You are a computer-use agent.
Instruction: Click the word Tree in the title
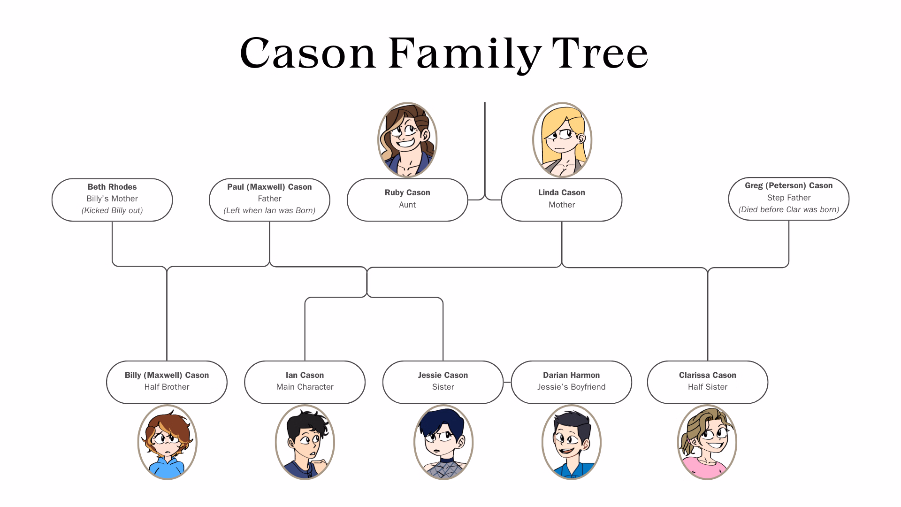(600, 53)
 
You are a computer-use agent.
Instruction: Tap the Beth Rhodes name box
(112, 200)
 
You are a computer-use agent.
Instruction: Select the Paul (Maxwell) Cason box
(269, 200)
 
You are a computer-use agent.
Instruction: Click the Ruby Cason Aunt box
(407, 200)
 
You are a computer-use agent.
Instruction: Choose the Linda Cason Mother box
(562, 200)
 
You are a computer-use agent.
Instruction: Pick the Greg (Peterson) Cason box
(789, 199)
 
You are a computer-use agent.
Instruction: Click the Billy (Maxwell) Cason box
(167, 382)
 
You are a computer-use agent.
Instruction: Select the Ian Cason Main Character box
(305, 382)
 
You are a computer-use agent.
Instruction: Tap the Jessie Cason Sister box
(443, 382)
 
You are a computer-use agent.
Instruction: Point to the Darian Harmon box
(572, 382)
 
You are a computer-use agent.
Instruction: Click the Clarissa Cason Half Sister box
(708, 382)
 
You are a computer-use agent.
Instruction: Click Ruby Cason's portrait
(407, 140)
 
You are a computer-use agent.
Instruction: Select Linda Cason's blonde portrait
(562, 140)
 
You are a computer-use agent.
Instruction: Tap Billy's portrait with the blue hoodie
(167, 442)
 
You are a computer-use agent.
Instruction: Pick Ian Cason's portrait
(305, 442)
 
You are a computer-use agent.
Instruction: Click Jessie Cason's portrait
(443, 442)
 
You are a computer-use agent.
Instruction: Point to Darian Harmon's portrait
(572, 442)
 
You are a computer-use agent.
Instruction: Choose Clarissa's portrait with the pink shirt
(707, 442)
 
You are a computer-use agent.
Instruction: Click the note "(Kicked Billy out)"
(112, 210)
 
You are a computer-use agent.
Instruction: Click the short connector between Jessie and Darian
(507, 382)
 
